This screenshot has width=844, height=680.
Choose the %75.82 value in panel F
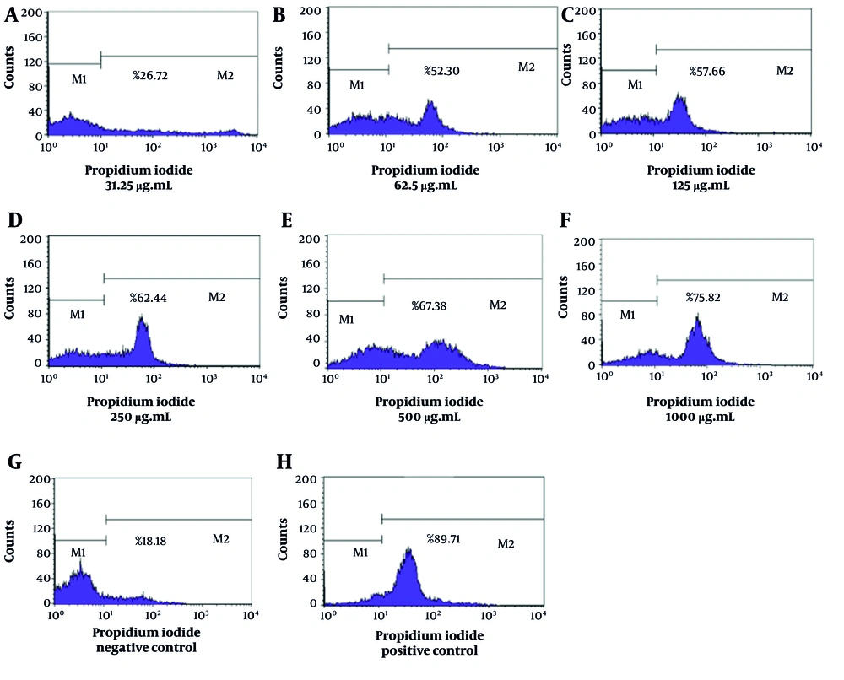(704, 298)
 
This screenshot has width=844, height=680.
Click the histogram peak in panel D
(142, 321)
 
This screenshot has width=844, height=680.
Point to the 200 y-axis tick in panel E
(311, 240)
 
